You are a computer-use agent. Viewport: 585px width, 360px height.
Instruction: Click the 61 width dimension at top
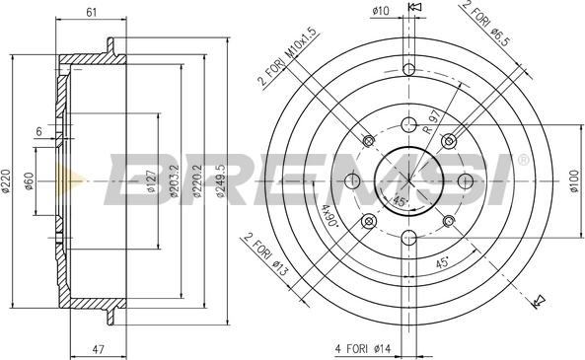coord(91,11)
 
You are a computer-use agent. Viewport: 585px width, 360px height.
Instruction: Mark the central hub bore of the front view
coord(406,180)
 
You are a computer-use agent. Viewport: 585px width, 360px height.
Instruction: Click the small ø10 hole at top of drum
coord(406,69)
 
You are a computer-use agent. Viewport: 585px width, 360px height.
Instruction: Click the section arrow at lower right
coord(537,300)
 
